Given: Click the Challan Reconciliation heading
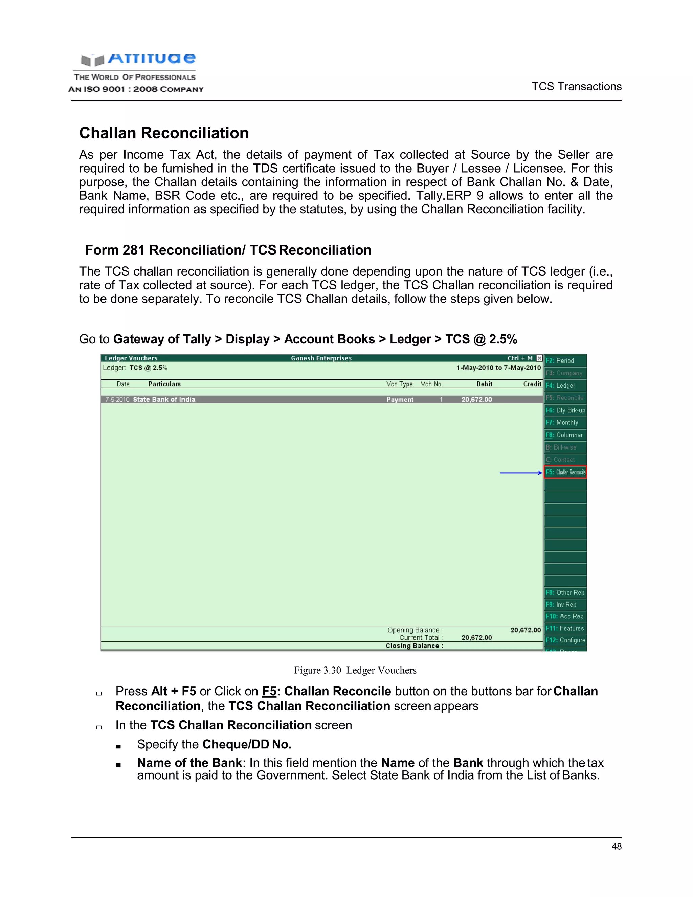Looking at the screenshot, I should [164, 133].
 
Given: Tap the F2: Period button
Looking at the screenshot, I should [565, 360].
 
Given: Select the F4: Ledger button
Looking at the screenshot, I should [565, 385].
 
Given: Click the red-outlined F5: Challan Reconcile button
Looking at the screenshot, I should [565, 472].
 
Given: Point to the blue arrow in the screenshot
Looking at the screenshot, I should [520, 473].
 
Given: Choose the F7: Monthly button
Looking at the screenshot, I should [565, 423].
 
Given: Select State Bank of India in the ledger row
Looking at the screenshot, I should [164, 400].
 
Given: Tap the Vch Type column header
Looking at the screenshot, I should [399, 384].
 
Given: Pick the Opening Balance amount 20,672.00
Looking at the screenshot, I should [526, 630].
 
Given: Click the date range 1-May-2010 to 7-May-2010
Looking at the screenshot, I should [498, 368].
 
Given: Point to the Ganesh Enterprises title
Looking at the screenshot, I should [321, 358].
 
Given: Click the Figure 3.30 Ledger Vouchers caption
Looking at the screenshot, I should [355, 670].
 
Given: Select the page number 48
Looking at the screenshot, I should [616, 847].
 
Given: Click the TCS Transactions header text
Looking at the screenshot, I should [576, 87].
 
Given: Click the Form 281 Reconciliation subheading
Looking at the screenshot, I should [228, 250].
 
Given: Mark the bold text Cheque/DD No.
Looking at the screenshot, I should [247, 744].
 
